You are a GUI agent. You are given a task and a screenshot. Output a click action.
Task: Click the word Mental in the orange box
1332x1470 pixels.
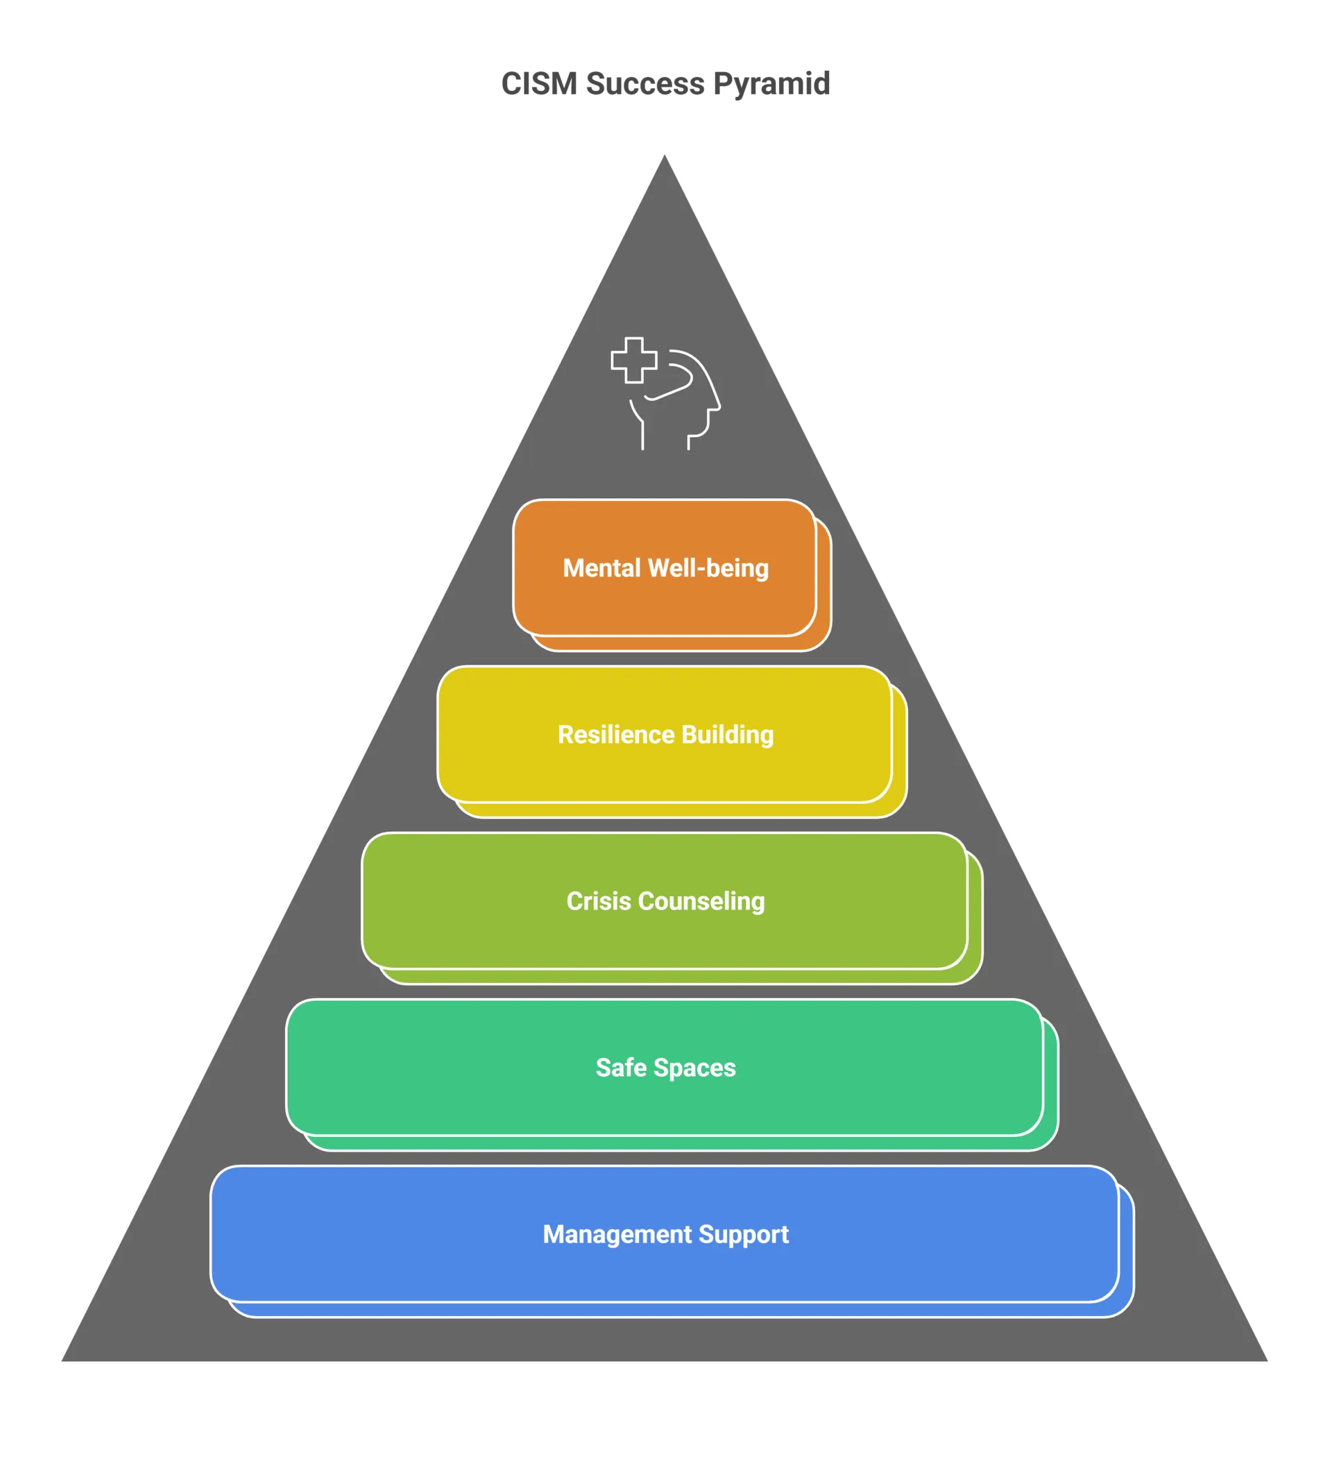(601, 568)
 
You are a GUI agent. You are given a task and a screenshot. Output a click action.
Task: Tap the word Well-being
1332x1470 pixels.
(708, 568)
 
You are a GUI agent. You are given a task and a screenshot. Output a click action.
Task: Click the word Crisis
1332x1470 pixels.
(599, 901)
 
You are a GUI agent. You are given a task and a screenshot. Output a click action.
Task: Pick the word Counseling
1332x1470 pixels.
(701, 901)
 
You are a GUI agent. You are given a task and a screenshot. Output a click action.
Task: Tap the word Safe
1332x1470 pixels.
(621, 1068)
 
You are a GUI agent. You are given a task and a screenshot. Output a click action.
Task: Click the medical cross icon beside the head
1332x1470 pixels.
(633, 359)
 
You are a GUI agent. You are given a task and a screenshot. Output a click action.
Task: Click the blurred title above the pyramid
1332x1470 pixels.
(665, 83)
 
